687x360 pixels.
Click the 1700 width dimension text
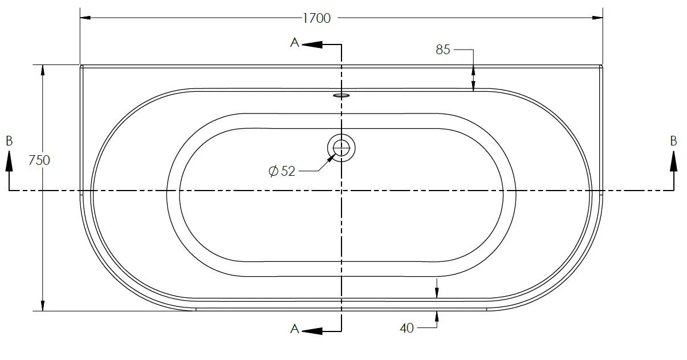pyautogui.click(x=316, y=18)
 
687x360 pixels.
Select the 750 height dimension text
pyautogui.click(x=39, y=160)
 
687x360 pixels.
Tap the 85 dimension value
pyautogui.click(x=443, y=50)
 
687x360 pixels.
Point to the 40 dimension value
pyautogui.click(x=406, y=328)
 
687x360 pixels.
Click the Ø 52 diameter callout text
pyautogui.click(x=282, y=171)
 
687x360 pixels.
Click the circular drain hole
pyautogui.click(x=342, y=148)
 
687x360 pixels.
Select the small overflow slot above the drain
pyautogui.click(x=342, y=95)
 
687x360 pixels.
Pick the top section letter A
pyautogui.click(x=295, y=43)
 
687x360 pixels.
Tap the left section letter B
pyautogui.click(x=9, y=141)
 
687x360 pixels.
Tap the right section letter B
pyautogui.click(x=673, y=141)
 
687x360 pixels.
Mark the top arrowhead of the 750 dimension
pyautogui.click(x=42, y=70)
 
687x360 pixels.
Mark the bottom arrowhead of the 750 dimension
pyautogui.click(x=42, y=306)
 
